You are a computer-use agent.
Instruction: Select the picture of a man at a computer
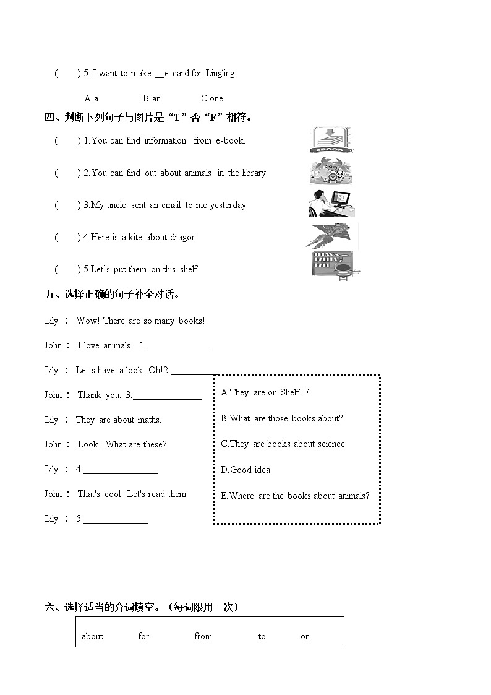tap(331, 204)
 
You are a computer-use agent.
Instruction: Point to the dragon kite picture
tap(332, 236)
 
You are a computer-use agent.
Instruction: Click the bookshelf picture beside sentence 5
tap(335, 266)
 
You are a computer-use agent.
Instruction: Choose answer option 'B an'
tap(152, 98)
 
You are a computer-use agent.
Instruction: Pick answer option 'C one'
tap(211, 98)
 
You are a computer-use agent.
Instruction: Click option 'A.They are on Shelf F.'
tap(266, 392)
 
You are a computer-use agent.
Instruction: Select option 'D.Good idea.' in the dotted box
tap(246, 470)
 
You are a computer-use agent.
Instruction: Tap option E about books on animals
tap(295, 496)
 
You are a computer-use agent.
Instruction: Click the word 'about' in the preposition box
tap(92, 636)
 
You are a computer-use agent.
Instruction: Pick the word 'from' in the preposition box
tap(203, 636)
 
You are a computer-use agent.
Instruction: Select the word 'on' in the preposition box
tap(305, 636)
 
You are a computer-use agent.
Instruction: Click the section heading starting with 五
tap(113, 294)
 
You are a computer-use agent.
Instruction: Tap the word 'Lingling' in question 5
tap(220, 73)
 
